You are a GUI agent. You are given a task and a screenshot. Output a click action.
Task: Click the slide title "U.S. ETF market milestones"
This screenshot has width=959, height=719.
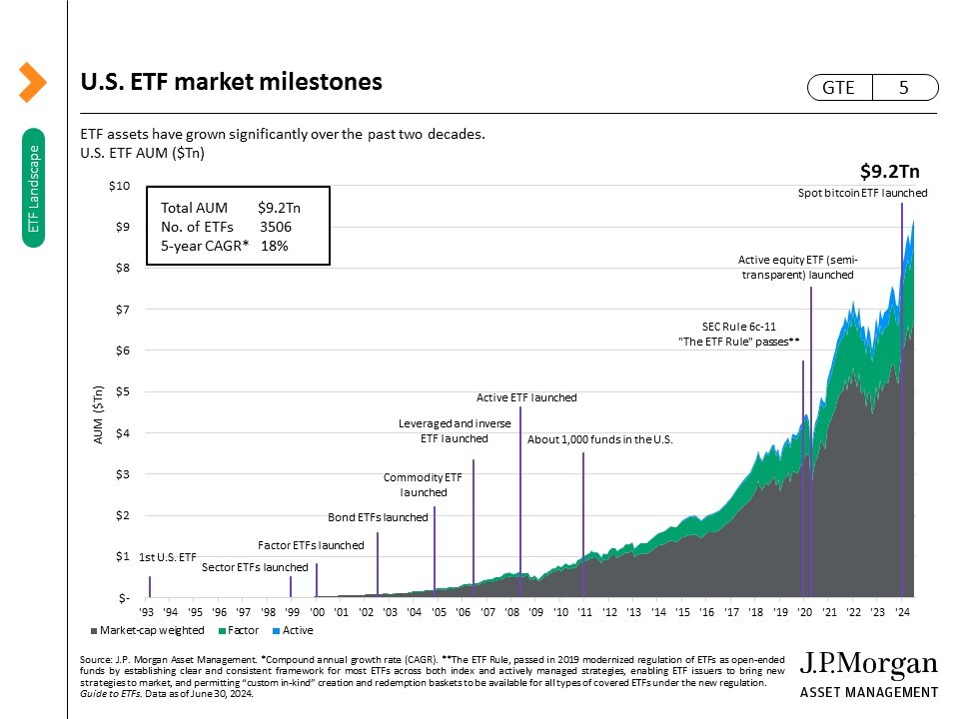(231, 83)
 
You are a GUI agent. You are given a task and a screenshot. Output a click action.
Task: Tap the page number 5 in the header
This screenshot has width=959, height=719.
(903, 88)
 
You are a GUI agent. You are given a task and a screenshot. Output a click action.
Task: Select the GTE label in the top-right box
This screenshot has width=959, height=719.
(838, 88)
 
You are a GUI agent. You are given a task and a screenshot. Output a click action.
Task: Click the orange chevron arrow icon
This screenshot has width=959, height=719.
(32, 82)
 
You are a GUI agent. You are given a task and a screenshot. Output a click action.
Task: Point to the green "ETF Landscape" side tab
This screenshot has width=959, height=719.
(33, 188)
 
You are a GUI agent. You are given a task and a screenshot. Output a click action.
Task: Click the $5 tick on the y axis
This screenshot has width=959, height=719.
(122, 391)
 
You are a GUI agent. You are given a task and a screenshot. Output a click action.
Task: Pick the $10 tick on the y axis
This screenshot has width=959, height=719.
(120, 186)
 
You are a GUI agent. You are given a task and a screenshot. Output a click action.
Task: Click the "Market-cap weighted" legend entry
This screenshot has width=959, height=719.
(152, 630)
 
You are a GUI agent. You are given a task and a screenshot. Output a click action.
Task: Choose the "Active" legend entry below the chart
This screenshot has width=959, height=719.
(297, 630)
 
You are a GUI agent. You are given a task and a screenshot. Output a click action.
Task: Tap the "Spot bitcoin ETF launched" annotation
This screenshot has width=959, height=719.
(862, 193)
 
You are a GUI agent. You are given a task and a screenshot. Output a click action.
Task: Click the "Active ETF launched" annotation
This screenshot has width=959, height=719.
(526, 397)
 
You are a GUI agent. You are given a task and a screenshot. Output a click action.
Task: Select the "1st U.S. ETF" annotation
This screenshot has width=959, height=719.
(168, 556)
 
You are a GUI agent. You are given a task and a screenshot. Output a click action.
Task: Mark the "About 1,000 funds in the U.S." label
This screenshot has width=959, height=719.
(600, 439)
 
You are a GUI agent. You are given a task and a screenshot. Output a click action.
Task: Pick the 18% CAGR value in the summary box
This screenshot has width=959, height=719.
(274, 246)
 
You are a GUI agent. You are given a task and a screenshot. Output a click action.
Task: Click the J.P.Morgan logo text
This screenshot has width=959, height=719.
(870, 666)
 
